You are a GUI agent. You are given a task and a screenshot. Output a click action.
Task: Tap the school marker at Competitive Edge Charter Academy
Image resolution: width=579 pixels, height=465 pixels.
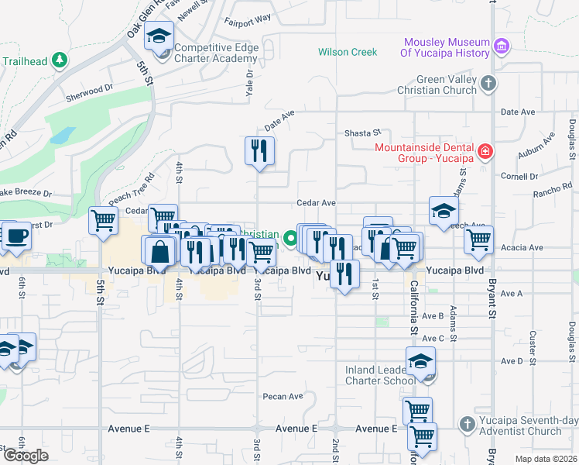pyautogui.click(x=160, y=36)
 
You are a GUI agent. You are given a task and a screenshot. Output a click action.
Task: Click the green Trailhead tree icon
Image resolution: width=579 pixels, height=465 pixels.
pyautogui.click(x=59, y=60)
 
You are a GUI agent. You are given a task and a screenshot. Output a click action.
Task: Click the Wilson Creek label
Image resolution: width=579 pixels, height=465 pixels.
pyautogui.click(x=348, y=53)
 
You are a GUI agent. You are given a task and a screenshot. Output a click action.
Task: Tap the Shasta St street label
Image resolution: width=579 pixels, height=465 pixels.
pyautogui.click(x=363, y=133)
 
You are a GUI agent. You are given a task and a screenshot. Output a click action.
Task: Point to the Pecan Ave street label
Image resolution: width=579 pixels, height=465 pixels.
pyautogui.click(x=283, y=396)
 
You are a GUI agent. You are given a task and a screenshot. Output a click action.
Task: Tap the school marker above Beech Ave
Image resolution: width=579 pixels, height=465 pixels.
pyautogui.click(x=444, y=211)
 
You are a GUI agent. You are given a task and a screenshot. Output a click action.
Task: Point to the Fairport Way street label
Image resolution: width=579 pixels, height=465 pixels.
pyautogui.click(x=248, y=17)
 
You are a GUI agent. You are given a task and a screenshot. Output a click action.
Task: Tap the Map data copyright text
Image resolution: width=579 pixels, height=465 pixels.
pyautogui.click(x=546, y=459)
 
